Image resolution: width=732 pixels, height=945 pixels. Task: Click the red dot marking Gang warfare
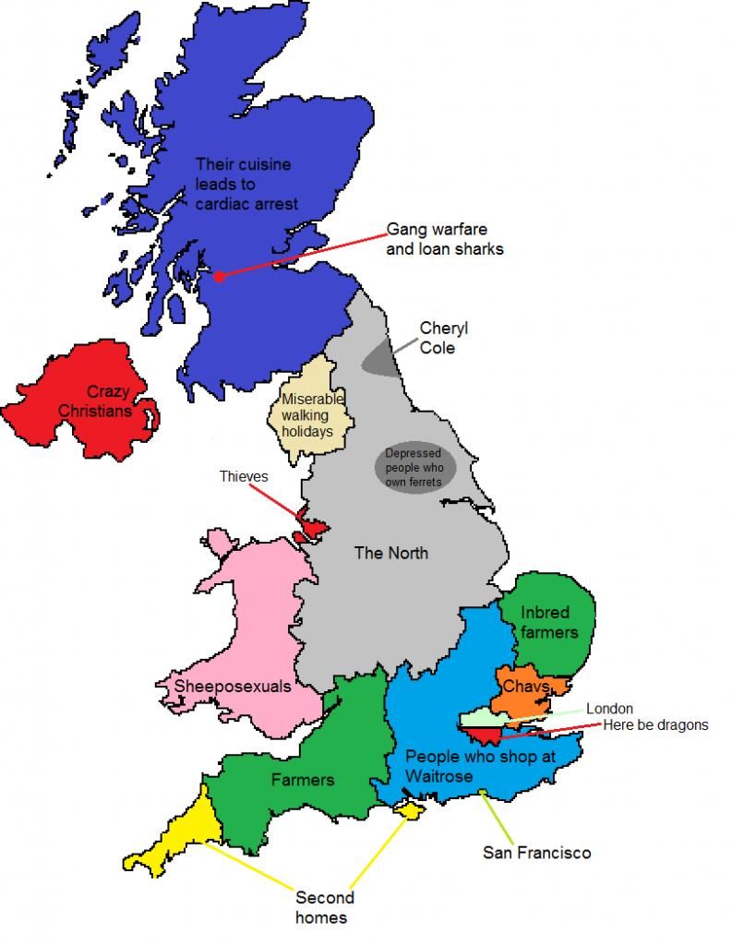[x=219, y=276]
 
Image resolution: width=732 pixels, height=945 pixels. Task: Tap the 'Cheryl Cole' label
[x=438, y=338]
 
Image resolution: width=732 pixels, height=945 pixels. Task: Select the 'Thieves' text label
[x=244, y=476]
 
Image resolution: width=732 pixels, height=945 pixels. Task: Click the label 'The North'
[x=391, y=553]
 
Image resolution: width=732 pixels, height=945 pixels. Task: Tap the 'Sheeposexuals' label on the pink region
[x=233, y=687]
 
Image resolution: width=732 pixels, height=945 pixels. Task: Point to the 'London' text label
[x=609, y=709]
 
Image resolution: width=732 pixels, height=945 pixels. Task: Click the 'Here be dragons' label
[x=655, y=725]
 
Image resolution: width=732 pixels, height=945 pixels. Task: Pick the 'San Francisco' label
[x=536, y=853]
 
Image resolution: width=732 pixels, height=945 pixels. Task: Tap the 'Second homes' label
[x=324, y=907]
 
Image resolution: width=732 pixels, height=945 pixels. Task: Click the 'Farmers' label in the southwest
[x=302, y=780]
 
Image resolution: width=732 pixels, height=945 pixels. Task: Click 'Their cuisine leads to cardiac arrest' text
[x=246, y=184]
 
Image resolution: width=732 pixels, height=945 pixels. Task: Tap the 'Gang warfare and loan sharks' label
[x=445, y=238]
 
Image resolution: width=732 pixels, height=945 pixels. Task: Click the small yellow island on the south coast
[x=407, y=809]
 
